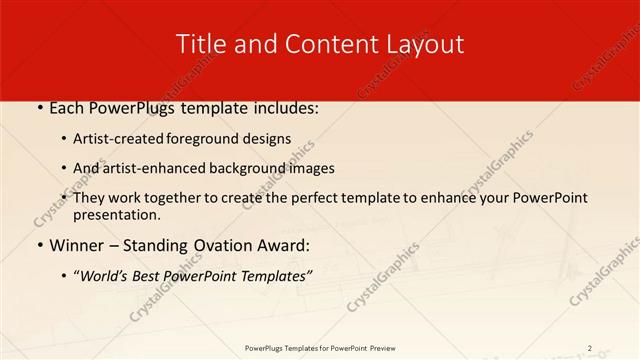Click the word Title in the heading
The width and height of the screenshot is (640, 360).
(x=200, y=44)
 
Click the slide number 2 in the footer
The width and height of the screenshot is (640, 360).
(x=589, y=348)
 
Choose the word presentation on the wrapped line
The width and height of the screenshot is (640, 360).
(x=117, y=214)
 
